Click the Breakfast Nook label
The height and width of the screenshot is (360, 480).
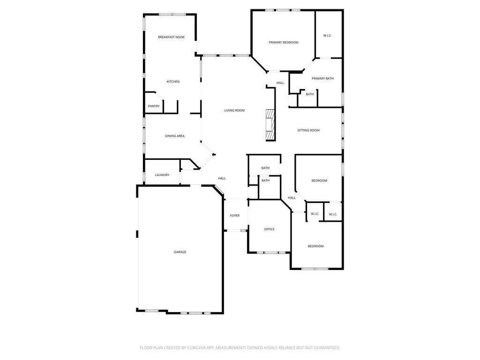[171, 37]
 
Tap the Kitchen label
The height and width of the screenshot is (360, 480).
[173, 82]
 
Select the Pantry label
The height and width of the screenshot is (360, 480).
[154, 106]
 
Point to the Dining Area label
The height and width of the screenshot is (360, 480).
[175, 136]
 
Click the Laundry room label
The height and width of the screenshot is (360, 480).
[162, 175]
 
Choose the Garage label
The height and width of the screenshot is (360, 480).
[180, 252]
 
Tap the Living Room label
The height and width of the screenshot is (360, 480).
[234, 110]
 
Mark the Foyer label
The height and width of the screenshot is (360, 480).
[235, 216]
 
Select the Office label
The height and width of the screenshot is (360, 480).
[270, 229]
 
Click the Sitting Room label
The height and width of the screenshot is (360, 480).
[308, 130]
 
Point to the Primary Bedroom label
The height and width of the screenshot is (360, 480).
[284, 42]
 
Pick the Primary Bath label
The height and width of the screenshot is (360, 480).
[322, 78]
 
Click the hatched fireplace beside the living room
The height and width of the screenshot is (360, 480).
[270, 125]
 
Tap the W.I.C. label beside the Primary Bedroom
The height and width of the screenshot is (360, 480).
[327, 36]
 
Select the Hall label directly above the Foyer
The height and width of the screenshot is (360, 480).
[222, 178]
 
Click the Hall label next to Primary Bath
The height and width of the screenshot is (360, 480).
[280, 82]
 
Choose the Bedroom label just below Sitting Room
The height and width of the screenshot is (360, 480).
[319, 180]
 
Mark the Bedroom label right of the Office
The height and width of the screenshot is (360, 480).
[315, 246]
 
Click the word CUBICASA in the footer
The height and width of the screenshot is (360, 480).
[201, 348]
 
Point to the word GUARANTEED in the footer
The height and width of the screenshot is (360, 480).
[328, 348]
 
